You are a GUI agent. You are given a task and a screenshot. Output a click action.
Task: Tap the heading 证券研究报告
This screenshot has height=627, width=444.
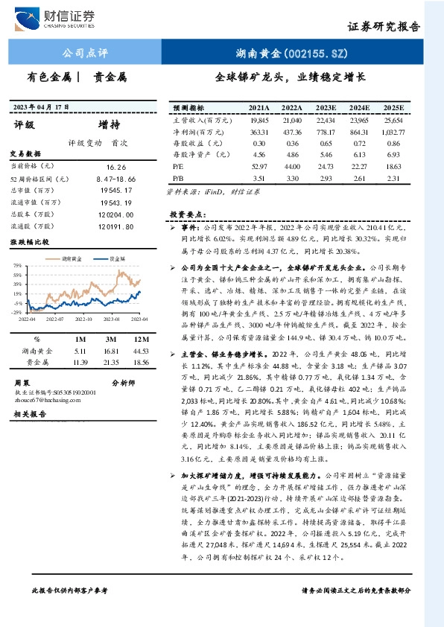tap(384, 25)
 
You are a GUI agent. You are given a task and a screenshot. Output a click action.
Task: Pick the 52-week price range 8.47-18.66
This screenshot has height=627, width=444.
tap(116, 180)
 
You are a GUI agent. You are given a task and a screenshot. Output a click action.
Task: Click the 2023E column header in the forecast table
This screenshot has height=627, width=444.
tap(326, 108)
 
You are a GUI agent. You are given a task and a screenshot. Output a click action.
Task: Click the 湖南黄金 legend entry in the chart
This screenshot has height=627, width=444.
tap(69, 258)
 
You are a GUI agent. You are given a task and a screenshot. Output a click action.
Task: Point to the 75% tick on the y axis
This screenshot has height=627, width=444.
tap(18, 265)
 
